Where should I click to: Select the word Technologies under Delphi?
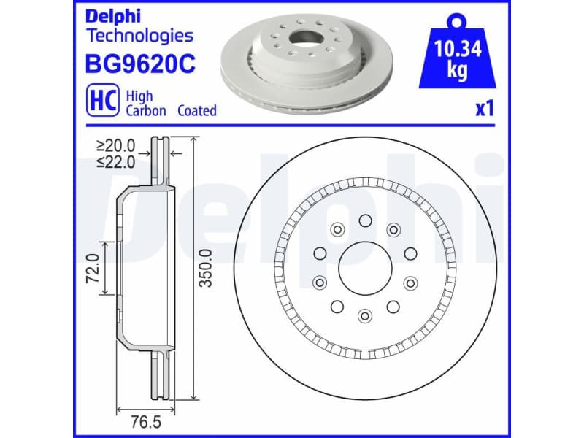point(139,35)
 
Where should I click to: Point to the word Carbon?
point(146,111)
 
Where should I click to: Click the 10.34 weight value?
point(457,50)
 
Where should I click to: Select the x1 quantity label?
point(485,109)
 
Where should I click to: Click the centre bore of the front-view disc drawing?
point(364,268)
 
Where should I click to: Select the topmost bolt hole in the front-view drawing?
point(364,220)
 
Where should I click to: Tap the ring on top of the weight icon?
point(458,18)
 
